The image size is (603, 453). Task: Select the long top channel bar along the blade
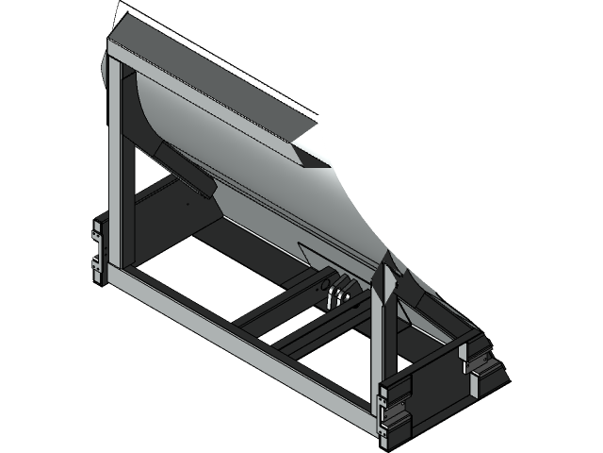[x=207, y=75]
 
